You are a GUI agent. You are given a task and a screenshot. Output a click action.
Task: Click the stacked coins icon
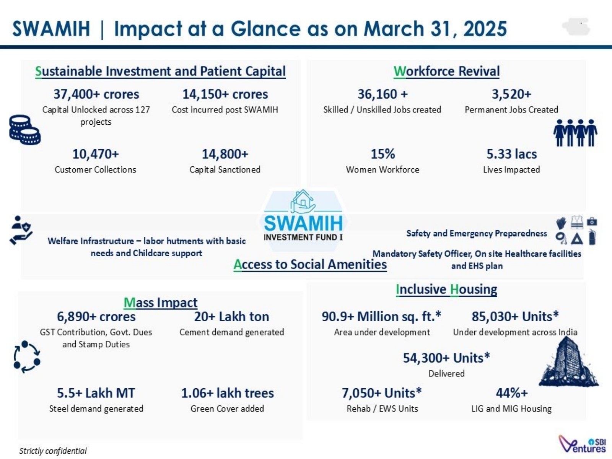coord(25,130)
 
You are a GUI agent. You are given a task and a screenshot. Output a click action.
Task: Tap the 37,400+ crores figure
coord(96,94)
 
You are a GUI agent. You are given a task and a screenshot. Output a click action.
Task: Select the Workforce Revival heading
coord(446,71)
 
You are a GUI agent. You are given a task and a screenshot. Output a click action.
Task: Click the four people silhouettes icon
coord(575,132)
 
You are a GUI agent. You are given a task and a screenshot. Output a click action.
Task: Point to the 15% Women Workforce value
coord(382,154)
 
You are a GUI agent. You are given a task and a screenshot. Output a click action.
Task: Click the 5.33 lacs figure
coord(511,154)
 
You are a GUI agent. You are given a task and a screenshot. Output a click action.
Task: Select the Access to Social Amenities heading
coord(310,264)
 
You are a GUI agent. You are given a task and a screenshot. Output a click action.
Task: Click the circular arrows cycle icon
coord(27,356)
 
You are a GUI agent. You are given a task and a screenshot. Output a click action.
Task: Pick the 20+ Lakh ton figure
coord(231,317)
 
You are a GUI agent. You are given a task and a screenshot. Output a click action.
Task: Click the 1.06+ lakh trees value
coord(227,393)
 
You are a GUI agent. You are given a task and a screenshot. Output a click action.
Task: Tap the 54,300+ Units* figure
coord(446,358)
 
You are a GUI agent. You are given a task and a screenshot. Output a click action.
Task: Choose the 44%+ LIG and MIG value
coord(511,393)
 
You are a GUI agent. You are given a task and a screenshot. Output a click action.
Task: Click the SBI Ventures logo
coord(582,444)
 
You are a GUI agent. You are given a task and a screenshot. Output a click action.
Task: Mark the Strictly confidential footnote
coord(53,451)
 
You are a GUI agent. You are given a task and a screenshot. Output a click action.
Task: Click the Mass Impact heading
coord(160,303)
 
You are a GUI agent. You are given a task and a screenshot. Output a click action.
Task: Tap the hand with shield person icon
coord(21,230)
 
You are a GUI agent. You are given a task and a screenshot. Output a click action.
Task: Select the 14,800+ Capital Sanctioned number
coord(225,154)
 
